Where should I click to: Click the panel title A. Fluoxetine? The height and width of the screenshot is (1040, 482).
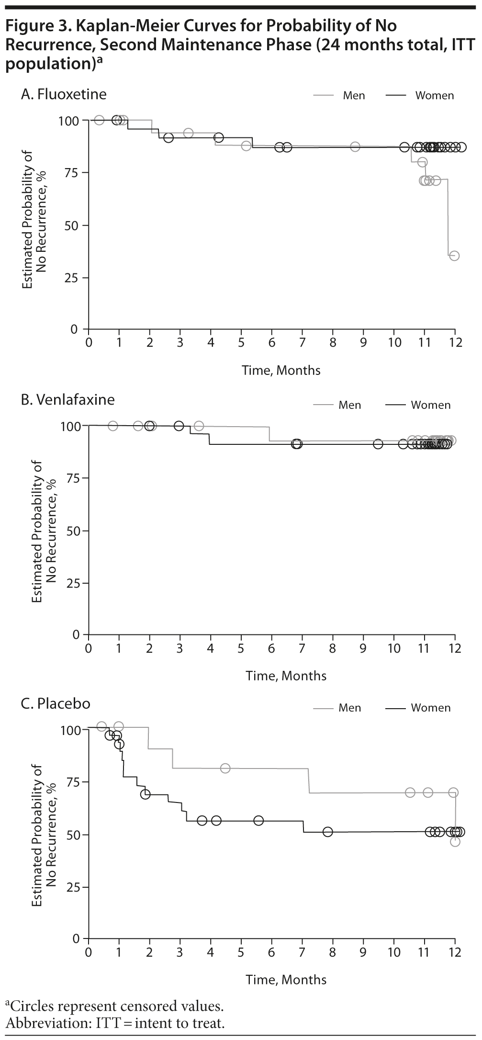pyautogui.click(x=64, y=94)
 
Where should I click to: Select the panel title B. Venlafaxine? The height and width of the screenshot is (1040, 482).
pyautogui.click(x=67, y=399)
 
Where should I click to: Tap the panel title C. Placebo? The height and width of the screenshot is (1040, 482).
pyautogui.click(x=56, y=703)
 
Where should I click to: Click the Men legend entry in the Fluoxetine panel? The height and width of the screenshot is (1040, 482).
pyautogui.click(x=353, y=96)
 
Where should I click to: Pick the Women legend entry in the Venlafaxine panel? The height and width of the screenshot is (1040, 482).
pyautogui.click(x=430, y=405)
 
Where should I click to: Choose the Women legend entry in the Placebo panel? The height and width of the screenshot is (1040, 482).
pyautogui.click(x=430, y=708)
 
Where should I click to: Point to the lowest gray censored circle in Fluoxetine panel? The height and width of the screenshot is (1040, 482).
pyautogui.click(x=454, y=256)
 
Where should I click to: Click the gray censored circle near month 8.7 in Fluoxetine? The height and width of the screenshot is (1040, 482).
pyautogui.click(x=355, y=147)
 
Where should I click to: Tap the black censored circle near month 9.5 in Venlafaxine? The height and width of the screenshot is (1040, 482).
pyautogui.click(x=378, y=444)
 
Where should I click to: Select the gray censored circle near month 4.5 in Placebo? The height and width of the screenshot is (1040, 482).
pyautogui.click(x=225, y=769)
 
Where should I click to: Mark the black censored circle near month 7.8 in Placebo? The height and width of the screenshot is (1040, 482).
pyautogui.click(x=327, y=832)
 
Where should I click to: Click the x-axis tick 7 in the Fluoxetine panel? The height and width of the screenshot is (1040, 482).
pyautogui.click(x=302, y=343)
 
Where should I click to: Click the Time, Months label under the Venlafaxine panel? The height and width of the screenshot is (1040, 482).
pyautogui.click(x=286, y=676)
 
